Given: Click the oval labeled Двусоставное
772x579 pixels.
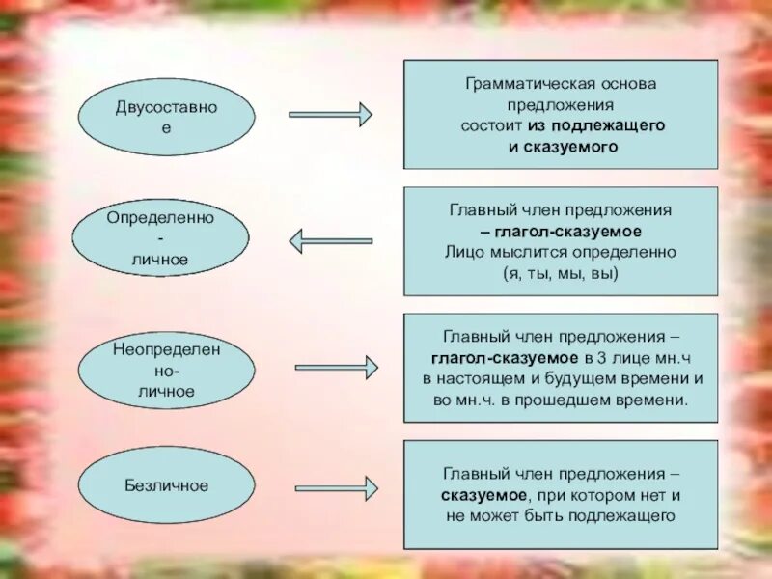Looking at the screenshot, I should click(x=166, y=116).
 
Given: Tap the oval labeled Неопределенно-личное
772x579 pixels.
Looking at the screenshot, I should click(x=166, y=371).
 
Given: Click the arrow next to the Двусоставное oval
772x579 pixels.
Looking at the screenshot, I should click(x=330, y=115).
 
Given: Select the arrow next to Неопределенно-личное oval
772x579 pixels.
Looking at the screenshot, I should click(x=336, y=367).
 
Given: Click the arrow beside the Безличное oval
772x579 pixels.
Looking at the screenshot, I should click(x=336, y=486).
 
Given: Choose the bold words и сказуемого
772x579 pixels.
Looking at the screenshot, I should click(x=561, y=147).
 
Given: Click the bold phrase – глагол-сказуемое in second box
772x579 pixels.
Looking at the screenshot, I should click(x=560, y=232).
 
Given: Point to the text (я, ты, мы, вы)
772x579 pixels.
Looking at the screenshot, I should click(x=560, y=273).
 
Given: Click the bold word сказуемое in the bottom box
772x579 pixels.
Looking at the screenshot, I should click(x=482, y=495).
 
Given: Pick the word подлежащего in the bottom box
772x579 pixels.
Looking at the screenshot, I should click(x=626, y=516).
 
